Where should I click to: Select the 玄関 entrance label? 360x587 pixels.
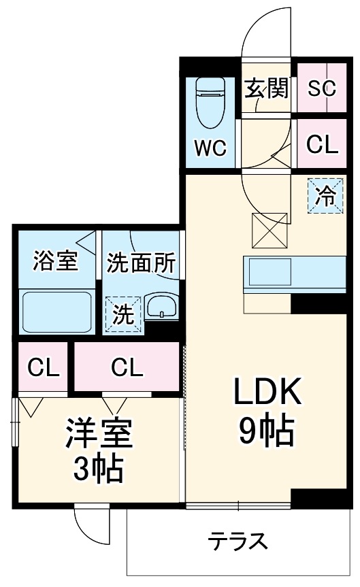pos(267,88)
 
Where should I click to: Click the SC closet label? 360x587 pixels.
pos(323,88)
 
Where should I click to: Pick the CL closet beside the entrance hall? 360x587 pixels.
pos(322,144)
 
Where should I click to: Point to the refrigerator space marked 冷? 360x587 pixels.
pos(325,197)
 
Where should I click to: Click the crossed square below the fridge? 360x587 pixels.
pos(269,231)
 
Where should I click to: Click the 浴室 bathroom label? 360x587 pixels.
pos(56,261)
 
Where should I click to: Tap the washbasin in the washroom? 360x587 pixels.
pos(161,307)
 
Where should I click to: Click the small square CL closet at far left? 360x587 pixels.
pos(43,368)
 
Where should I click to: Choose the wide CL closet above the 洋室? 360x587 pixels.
pos(127,368)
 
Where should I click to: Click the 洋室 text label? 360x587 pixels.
pos(99,434)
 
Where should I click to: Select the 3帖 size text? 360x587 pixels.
pos(99,469)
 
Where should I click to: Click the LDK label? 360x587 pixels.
pos(267,393)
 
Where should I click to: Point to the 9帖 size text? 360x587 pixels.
pos(267,430)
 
